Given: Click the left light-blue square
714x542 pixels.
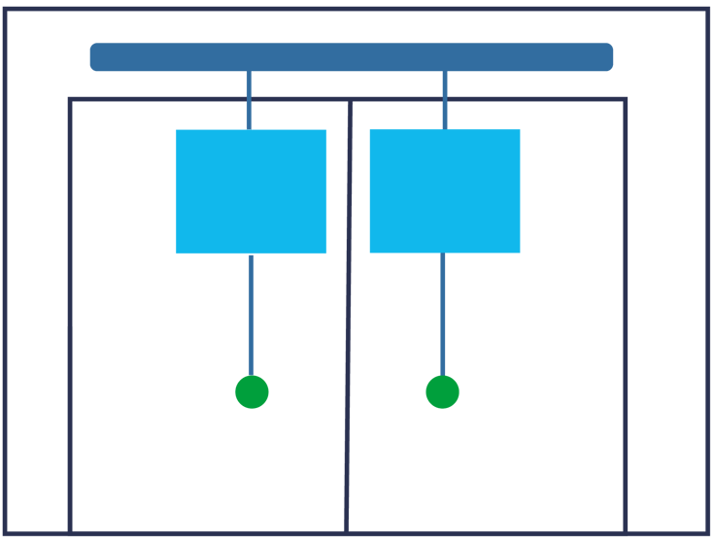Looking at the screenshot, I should coord(251,191).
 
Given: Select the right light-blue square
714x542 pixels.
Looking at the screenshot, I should coord(444,191).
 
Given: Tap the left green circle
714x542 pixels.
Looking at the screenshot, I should coord(252,392).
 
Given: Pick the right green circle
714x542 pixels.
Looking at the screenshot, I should coord(442,392).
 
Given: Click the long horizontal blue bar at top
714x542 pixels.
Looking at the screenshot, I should coord(351,56).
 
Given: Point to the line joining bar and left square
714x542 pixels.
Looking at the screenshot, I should coord(249,100).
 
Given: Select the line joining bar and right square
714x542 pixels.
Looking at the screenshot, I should coord(445,100).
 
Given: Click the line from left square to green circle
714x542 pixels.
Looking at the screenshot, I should coord(251,314).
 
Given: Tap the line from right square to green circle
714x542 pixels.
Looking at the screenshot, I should coord(443,314).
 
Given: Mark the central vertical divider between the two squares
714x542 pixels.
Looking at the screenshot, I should coord(348,321).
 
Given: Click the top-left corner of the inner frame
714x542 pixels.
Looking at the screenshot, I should coord(71,100).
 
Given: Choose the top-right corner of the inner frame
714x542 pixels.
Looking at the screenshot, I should coord(625,100).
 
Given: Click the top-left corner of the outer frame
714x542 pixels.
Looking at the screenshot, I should coord(6,10).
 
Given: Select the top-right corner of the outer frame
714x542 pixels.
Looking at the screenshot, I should coord(707,10).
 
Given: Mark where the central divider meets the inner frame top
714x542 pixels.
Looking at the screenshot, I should coord(350,100).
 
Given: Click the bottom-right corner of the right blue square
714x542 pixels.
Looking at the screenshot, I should coord(519,252).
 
